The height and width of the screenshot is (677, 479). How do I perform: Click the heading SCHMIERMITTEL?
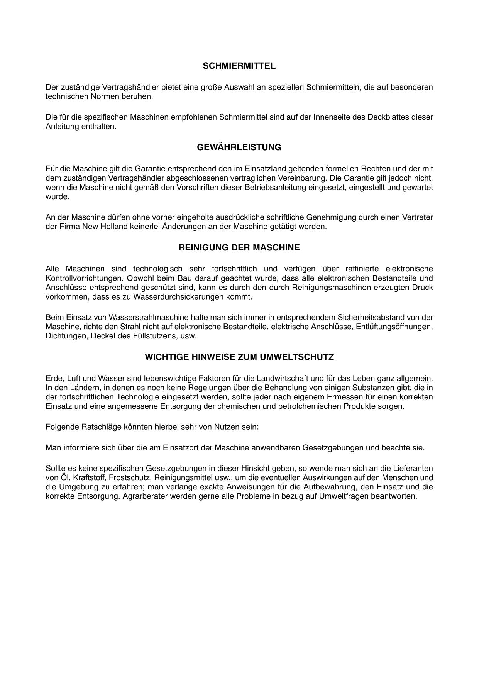(239, 66)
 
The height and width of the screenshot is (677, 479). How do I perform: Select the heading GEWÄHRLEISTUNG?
(239, 147)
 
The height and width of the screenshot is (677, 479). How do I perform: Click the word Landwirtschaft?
(283, 378)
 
